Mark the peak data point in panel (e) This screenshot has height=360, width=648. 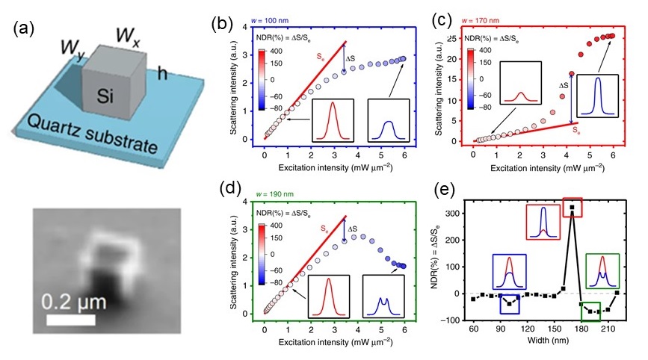pyautogui.click(x=572, y=208)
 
